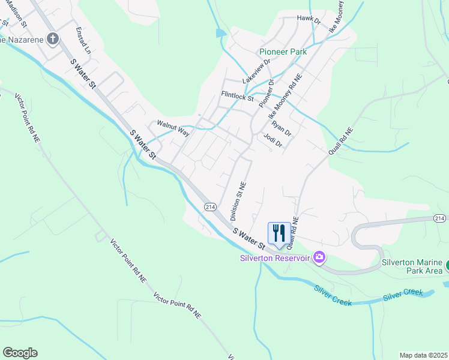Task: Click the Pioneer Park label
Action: coord(283,52)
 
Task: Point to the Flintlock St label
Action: coord(237,95)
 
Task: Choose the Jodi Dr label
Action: coord(273,139)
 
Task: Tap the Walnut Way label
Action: coord(173,128)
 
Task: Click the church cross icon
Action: coord(53,40)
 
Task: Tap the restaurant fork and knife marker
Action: coord(279,233)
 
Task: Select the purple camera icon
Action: coord(319,257)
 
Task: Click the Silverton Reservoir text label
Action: coord(274,258)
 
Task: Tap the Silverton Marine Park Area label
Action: coord(412,266)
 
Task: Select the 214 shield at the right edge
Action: coord(439,218)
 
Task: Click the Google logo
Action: coord(20,353)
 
